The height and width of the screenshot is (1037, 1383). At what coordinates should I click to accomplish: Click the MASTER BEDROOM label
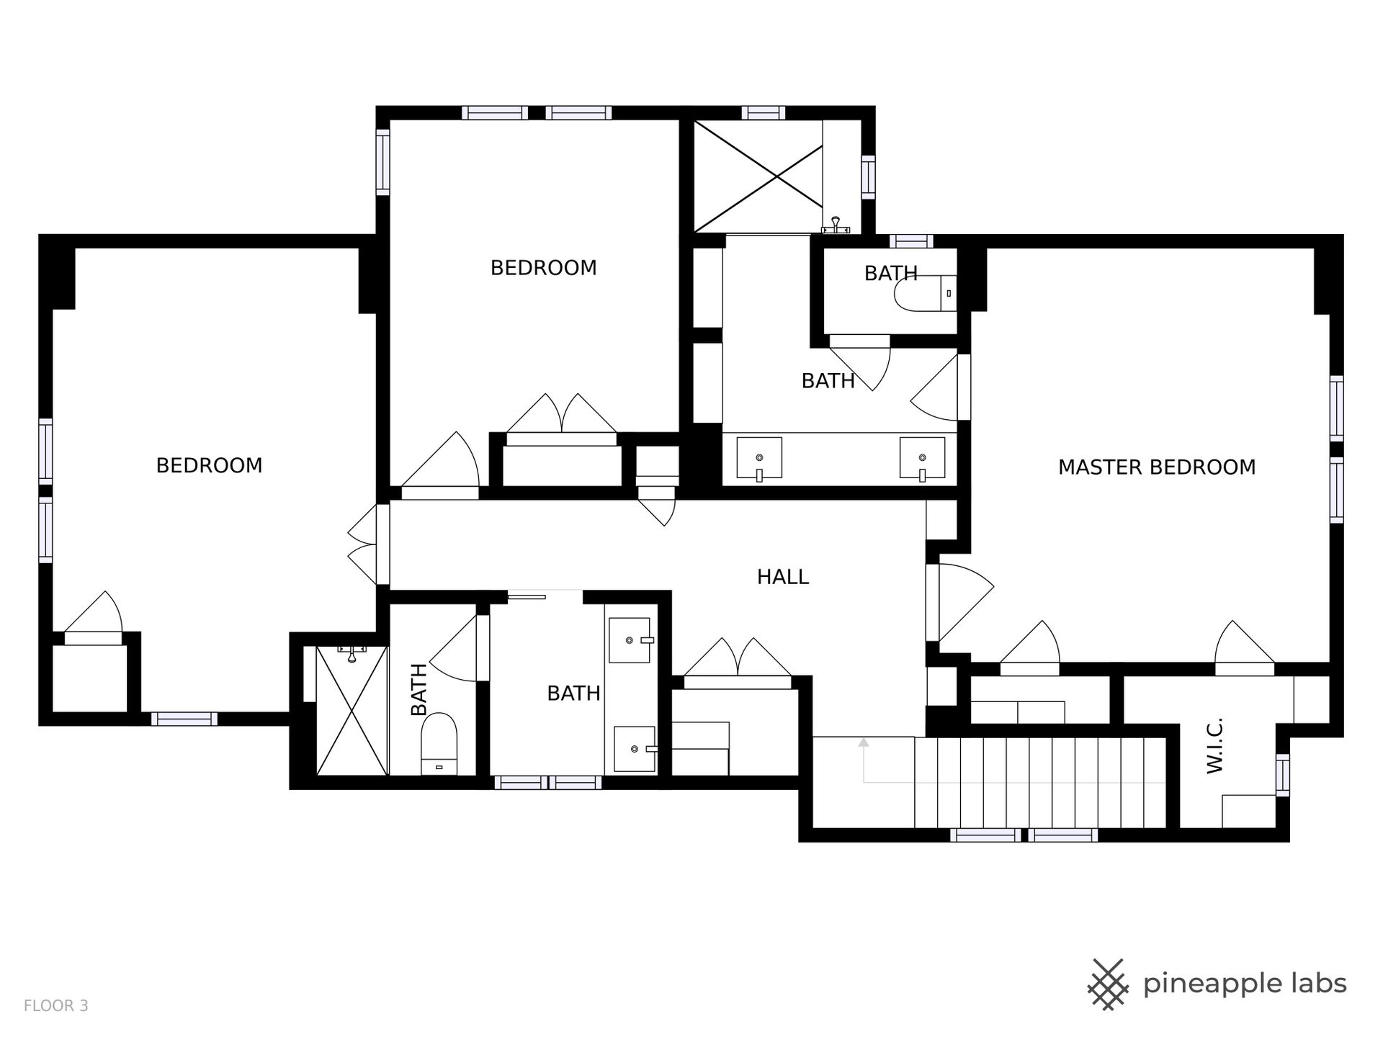pos(1157,467)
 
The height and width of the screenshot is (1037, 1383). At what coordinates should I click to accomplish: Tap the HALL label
pos(783,577)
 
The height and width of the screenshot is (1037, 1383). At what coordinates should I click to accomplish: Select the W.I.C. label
pos(1215,745)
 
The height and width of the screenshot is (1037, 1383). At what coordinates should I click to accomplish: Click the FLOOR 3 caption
pos(56,1006)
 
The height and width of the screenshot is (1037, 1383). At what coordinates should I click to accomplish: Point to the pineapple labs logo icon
pos(1109,983)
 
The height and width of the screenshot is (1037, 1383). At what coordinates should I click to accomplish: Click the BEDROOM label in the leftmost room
pos(210,466)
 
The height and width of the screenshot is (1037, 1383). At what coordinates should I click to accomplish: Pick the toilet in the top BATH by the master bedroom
pos(926,294)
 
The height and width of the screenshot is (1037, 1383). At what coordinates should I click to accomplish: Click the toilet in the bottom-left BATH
pos(439,744)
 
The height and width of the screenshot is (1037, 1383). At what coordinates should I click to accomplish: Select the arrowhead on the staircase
pos(864,742)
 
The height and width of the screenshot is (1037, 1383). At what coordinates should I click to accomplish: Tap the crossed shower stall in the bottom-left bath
pos(352,710)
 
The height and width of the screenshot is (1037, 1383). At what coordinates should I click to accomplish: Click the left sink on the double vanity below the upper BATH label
pos(758,458)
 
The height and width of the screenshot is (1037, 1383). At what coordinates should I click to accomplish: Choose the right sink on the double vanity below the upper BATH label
pos(922,458)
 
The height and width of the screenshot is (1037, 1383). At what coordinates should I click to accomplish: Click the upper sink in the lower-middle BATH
pos(631,640)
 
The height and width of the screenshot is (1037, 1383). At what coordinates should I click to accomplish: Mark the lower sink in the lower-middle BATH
pos(635,749)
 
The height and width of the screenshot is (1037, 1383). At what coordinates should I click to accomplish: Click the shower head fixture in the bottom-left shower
pos(352,652)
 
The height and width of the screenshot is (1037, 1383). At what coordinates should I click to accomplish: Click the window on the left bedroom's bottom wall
pos(184,719)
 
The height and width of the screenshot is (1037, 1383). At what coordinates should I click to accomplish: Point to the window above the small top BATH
pos(910,241)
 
